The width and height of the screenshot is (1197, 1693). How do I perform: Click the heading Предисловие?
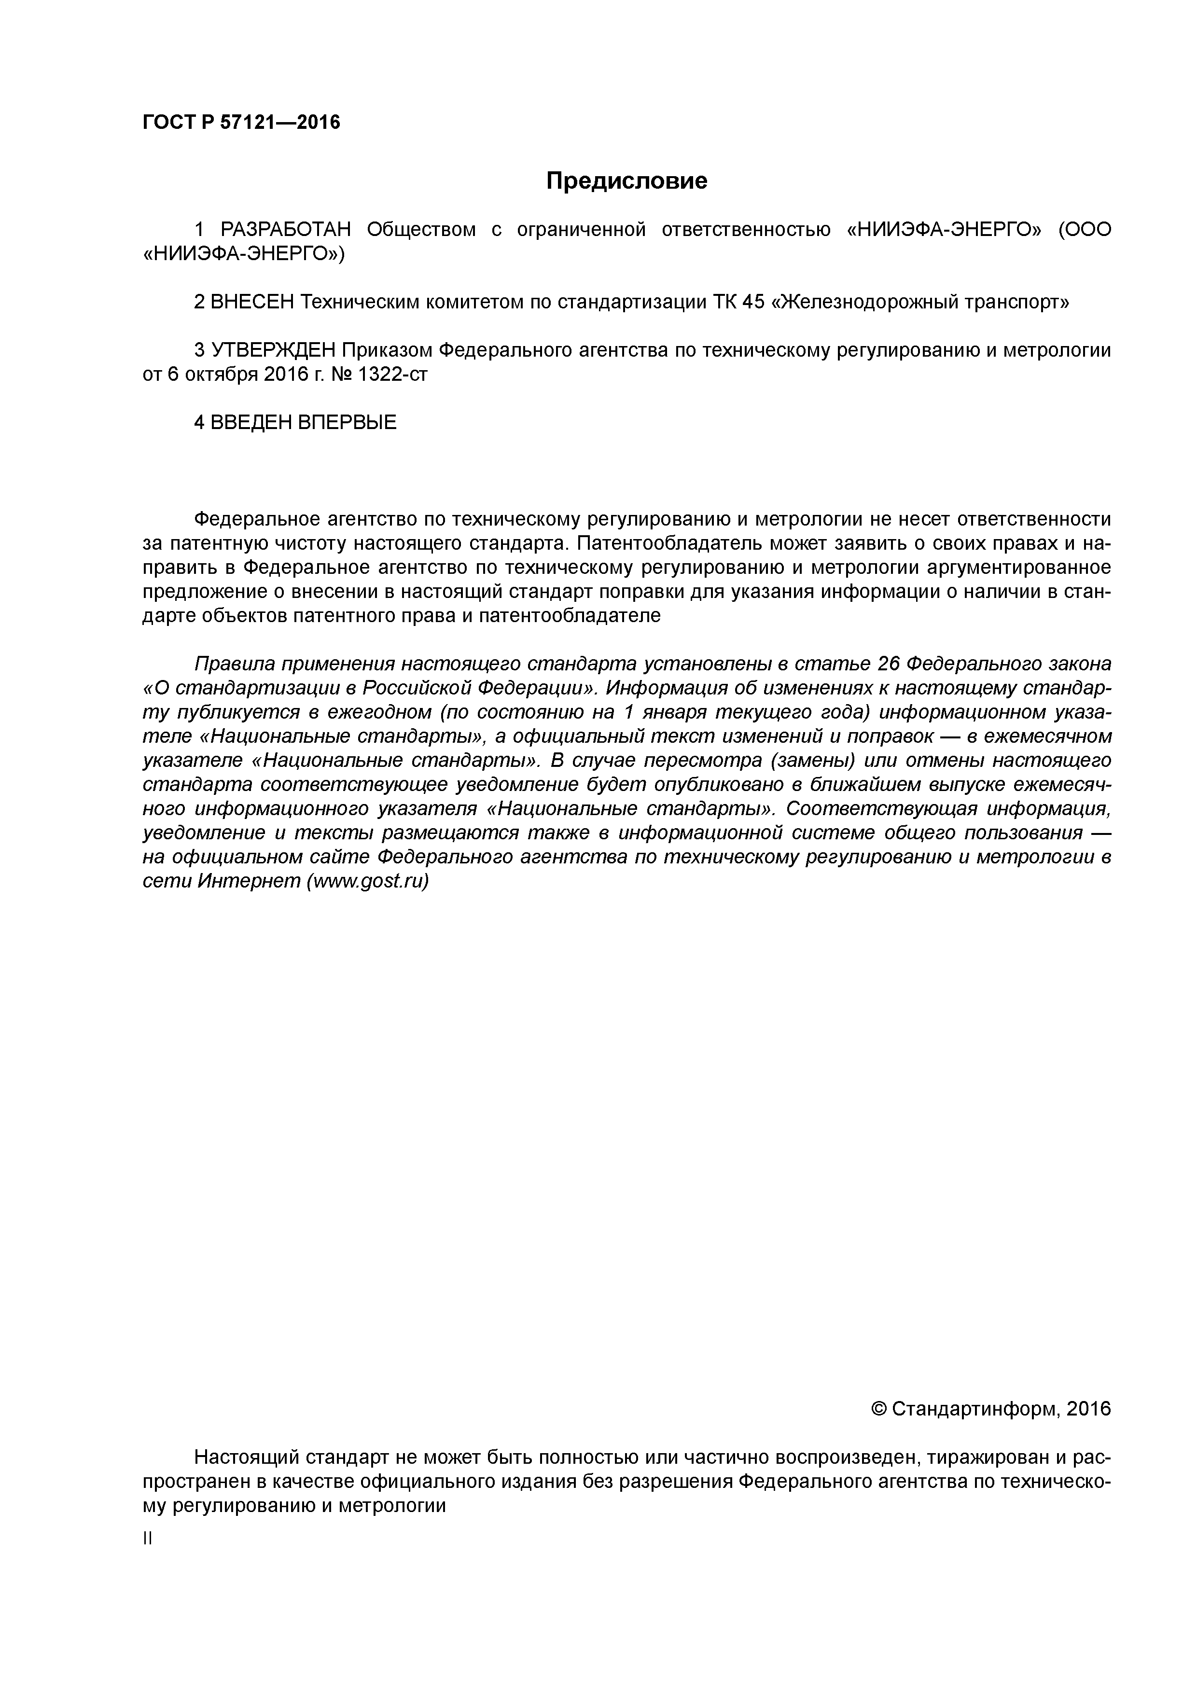pyautogui.click(x=626, y=180)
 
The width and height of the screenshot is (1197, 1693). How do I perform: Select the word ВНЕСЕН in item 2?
pyautogui.click(x=252, y=302)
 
